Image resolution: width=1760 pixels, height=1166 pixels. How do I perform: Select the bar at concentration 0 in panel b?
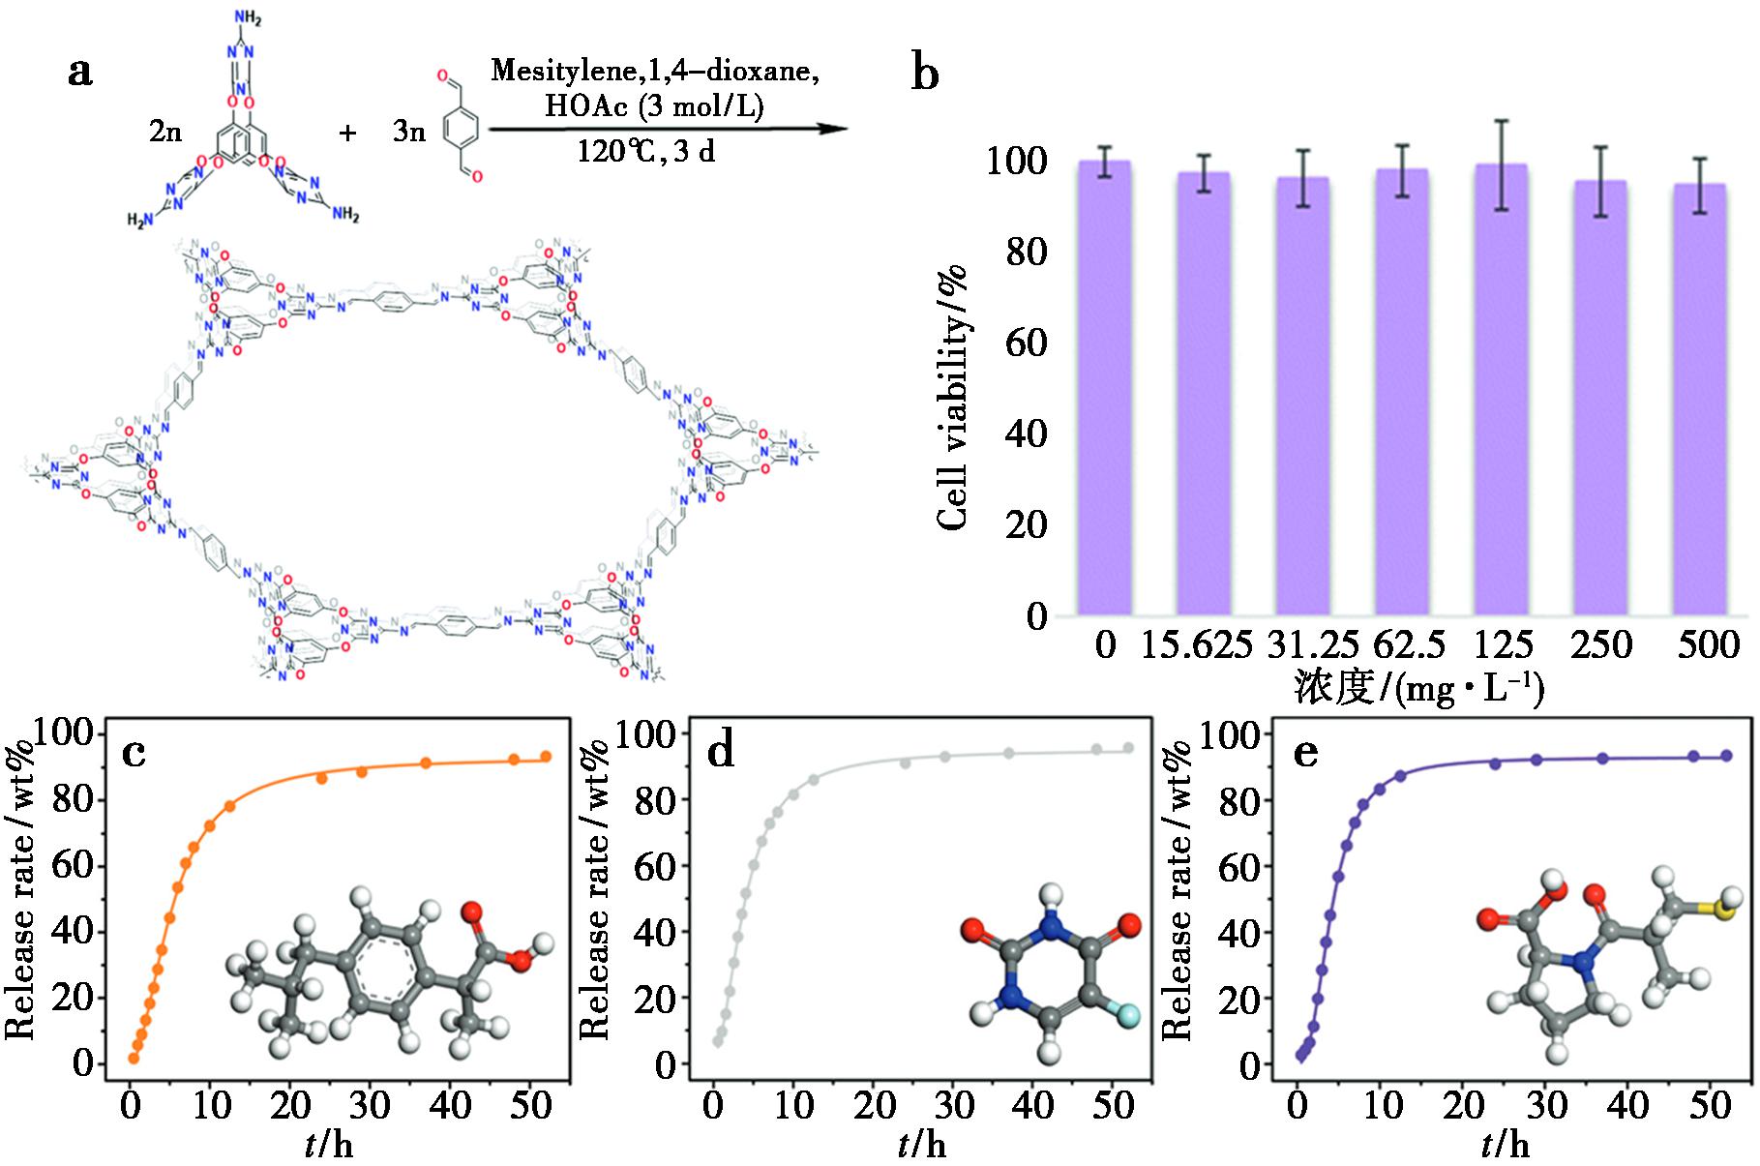point(1104,387)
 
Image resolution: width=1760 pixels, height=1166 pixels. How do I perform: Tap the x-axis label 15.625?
point(1198,645)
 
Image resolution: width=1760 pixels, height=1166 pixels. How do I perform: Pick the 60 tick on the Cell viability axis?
point(1027,343)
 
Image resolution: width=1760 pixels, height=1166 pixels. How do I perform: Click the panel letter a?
point(81,72)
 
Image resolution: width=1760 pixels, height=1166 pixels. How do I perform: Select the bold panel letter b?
point(925,74)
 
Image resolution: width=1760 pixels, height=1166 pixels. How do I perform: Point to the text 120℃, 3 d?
point(646,152)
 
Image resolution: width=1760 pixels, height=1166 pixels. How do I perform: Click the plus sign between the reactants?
point(347,133)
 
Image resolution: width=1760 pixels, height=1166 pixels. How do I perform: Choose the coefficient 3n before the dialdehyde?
point(408,133)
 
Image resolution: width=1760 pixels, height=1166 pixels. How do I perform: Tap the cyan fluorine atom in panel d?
point(1128,1015)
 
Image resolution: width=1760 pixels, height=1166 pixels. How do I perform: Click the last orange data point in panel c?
point(546,757)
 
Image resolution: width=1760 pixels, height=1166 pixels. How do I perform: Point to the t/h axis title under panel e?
point(1506,1146)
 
